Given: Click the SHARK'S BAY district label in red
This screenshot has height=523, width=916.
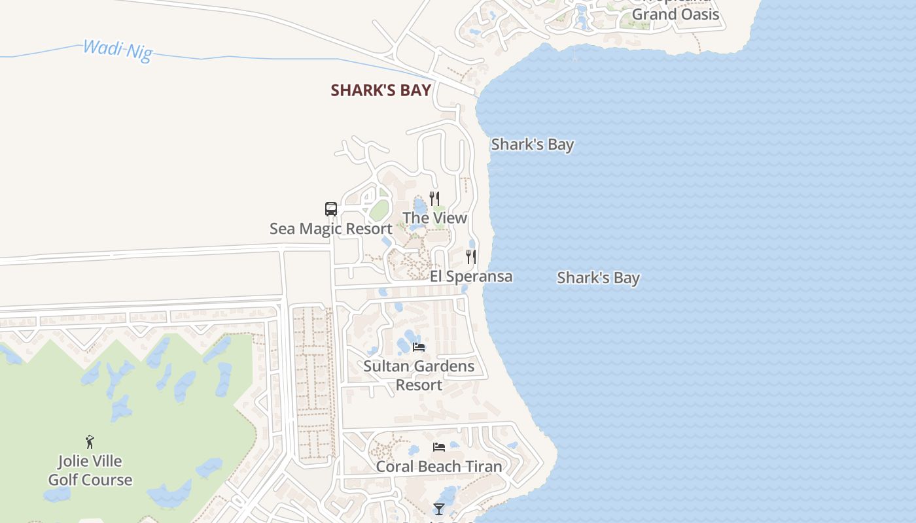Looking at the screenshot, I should [381, 90].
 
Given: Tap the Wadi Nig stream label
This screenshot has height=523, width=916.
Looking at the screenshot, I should [118, 50].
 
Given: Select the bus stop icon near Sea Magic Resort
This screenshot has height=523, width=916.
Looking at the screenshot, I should [331, 209].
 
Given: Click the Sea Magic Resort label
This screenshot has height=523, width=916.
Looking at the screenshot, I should [331, 229].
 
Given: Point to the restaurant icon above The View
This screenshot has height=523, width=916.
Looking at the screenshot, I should [434, 198].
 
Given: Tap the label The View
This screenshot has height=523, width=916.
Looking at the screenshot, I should [435, 218].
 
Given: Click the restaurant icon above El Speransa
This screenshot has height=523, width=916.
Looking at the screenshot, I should [470, 256].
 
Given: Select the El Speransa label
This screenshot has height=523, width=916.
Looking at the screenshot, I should [471, 277].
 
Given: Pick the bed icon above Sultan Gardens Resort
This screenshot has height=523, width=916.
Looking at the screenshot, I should [419, 346].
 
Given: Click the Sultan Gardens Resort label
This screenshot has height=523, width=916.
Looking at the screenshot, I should [419, 375].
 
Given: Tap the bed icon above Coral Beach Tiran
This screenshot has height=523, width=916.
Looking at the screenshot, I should [439, 447].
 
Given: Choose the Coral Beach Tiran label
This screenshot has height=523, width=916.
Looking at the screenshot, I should [439, 467].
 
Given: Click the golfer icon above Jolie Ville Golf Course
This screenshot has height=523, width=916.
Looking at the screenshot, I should [90, 442].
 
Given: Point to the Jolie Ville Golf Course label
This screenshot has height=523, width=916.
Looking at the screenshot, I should [90, 471].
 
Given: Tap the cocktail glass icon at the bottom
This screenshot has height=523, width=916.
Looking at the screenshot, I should [439, 509].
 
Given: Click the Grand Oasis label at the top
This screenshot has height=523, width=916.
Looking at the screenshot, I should [675, 14].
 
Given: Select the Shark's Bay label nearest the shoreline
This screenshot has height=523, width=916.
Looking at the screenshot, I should [533, 144].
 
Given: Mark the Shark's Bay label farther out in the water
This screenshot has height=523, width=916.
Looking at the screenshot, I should [598, 278].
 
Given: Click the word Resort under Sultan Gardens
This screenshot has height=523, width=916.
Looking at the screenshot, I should [419, 385].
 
